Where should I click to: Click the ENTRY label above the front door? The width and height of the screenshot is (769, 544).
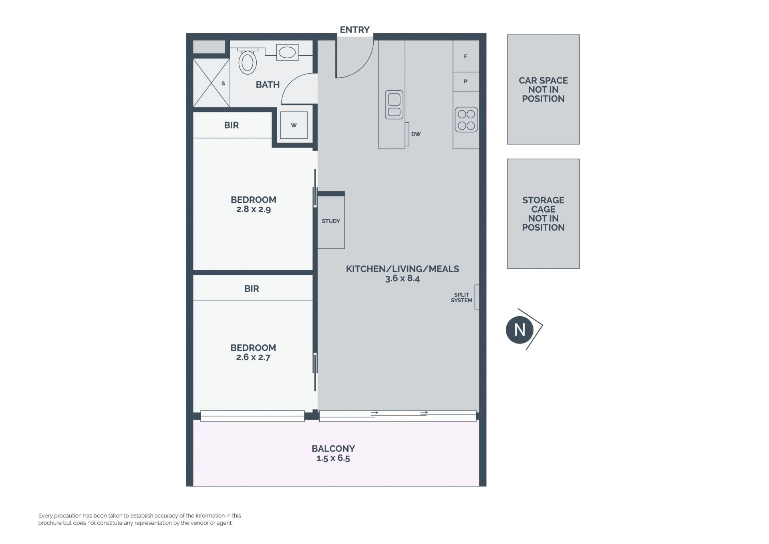[x=354, y=30]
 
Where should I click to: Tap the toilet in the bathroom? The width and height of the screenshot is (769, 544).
[x=248, y=61]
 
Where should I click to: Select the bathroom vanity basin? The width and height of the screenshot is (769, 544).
[x=287, y=53]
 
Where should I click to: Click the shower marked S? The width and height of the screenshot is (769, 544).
[x=211, y=83]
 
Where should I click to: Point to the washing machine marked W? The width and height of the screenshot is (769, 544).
[x=294, y=125]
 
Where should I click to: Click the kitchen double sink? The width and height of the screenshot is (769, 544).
[x=394, y=105]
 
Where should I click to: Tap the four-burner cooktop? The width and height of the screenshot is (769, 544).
[x=466, y=120]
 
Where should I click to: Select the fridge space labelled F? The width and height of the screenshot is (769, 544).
[x=466, y=57]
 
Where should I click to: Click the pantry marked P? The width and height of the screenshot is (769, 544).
[x=466, y=82]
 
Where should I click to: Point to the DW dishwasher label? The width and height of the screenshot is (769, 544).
[x=416, y=134]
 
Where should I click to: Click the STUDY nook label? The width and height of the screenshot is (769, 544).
[x=331, y=221]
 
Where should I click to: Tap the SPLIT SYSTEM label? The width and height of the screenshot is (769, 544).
[x=461, y=297]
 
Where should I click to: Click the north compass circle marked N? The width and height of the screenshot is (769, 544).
[x=519, y=330]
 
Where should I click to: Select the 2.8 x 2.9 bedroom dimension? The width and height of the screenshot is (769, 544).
[x=254, y=209]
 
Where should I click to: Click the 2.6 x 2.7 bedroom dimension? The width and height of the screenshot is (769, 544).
[x=253, y=357]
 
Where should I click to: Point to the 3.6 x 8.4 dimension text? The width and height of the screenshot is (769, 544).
[x=403, y=279]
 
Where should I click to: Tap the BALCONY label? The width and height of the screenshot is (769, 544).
[x=333, y=449]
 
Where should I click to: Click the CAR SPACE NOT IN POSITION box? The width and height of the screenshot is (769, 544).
[x=543, y=89]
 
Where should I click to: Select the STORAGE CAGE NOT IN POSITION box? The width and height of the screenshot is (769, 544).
[x=543, y=214]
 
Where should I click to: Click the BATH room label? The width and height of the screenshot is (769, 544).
[x=268, y=85]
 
